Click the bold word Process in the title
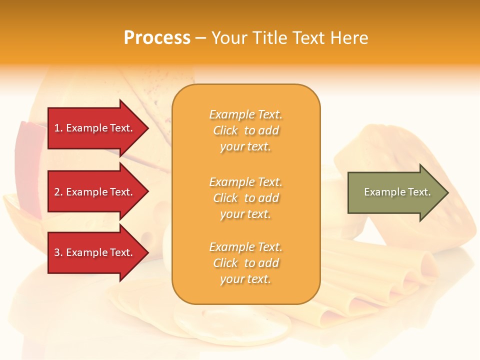pos(157,38)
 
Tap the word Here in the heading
pos(348,38)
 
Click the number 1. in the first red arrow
pos(58,128)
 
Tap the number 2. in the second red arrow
pos(58,192)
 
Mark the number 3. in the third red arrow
pos(58,252)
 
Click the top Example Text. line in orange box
pos(245,114)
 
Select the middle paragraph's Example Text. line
pos(245,181)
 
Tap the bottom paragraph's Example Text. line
pos(245,247)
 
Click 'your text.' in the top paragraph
pos(245,147)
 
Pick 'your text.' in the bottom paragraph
pos(245,279)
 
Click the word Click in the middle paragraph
pos(225,198)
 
